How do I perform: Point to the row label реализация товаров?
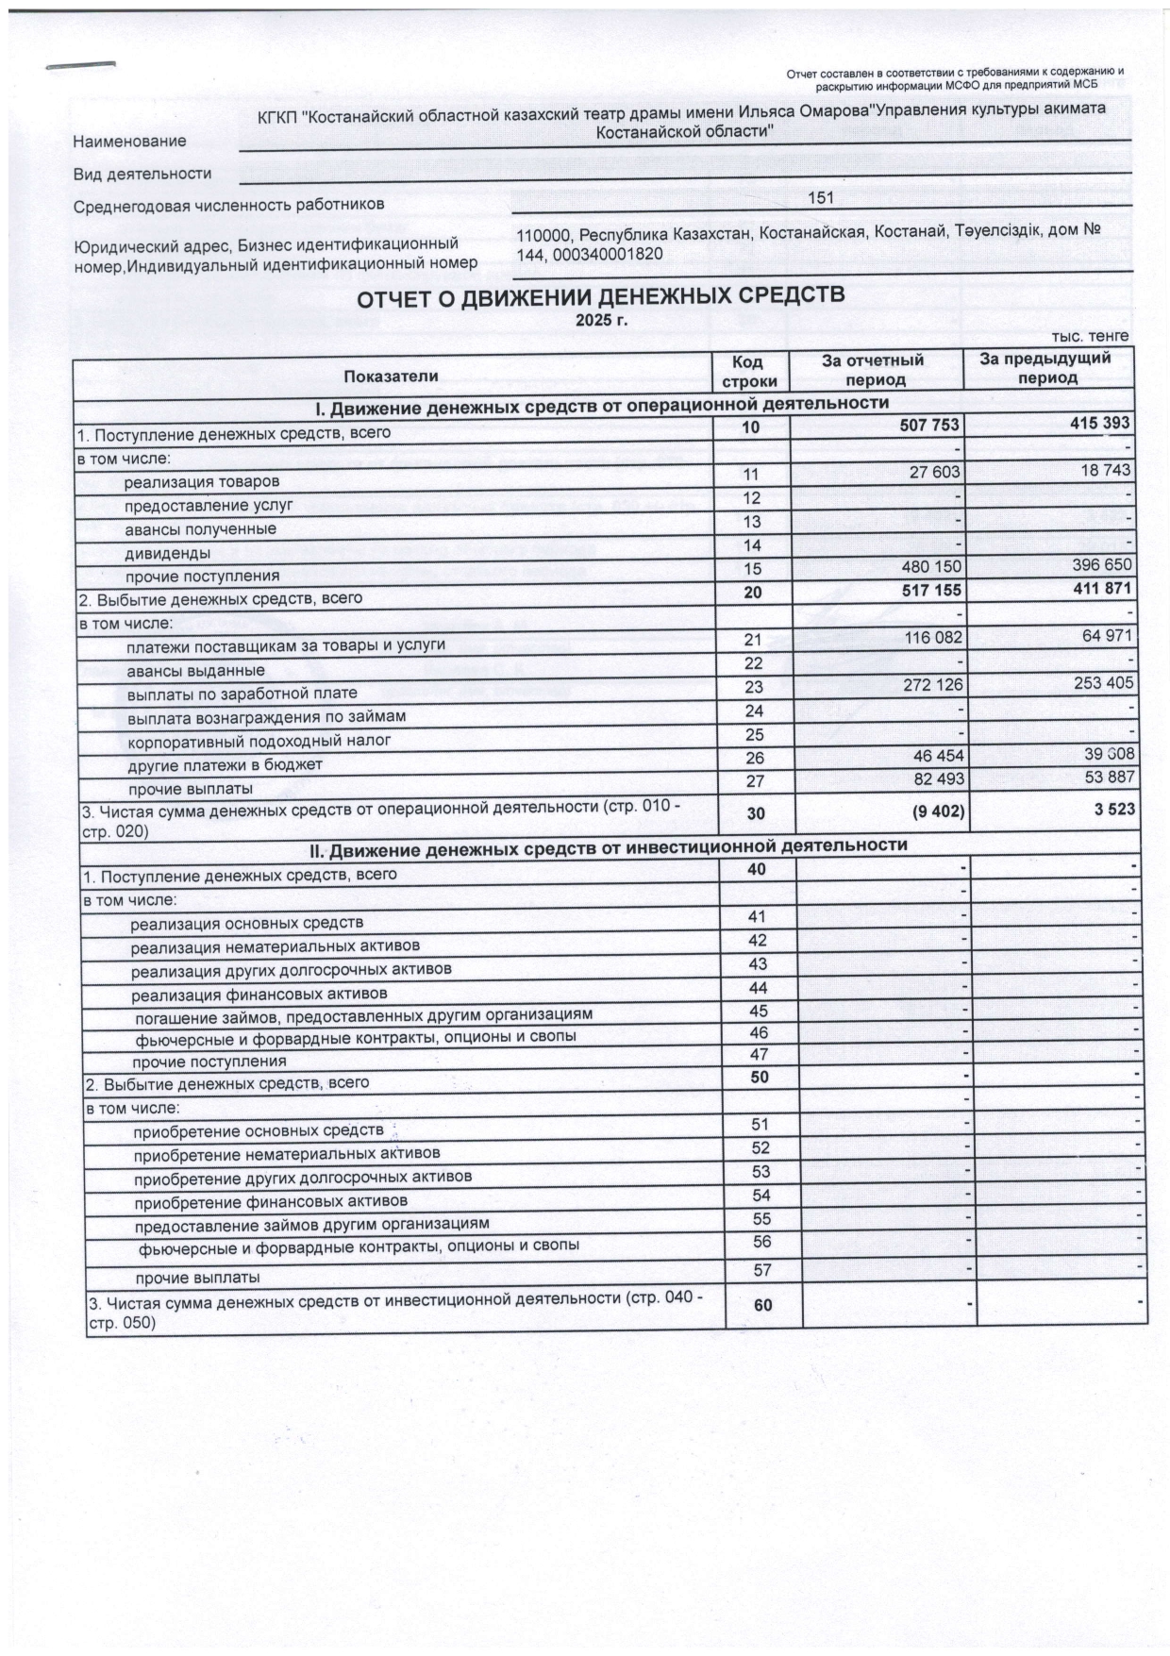tap(202, 482)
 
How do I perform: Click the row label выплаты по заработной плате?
tap(242, 694)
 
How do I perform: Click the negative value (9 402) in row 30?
tap(933, 810)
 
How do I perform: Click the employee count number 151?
tap(821, 199)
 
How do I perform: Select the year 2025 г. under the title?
tap(601, 320)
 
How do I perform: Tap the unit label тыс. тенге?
tap(1090, 336)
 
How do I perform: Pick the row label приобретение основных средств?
tap(258, 1130)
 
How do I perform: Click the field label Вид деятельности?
tap(142, 174)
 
